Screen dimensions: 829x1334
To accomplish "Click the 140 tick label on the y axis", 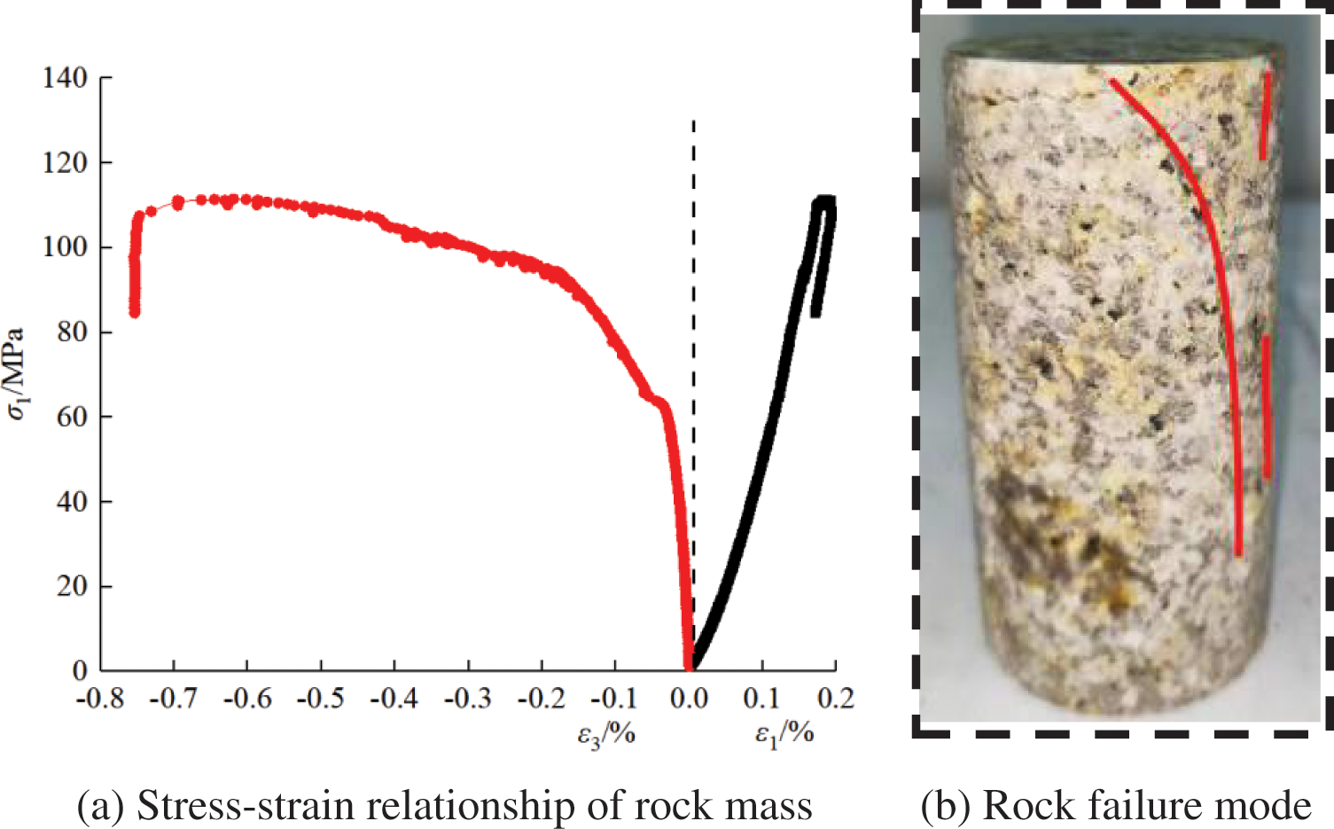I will pyautogui.click(x=65, y=78).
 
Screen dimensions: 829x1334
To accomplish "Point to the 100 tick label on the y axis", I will pyautogui.click(x=65, y=246).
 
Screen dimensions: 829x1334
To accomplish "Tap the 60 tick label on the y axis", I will pyautogui.click(x=72, y=417).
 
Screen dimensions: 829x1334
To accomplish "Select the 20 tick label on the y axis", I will pyautogui.click(x=72, y=586).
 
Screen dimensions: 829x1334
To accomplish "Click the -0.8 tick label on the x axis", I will pyautogui.click(x=100, y=700).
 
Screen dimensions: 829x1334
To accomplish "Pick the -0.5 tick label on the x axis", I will pyautogui.click(x=320, y=700).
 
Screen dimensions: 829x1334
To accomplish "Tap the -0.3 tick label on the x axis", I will pyautogui.click(x=467, y=700).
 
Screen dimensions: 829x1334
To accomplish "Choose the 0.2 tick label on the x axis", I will pyautogui.click(x=836, y=700).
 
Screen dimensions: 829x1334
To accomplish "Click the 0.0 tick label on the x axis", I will pyautogui.click(x=689, y=700).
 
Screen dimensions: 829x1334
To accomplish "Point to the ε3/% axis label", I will pyautogui.click(x=606, y=735).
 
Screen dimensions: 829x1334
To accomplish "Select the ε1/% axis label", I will pyautogui.click(x=784, y=735).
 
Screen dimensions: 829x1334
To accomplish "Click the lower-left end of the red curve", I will pyautogui.click(x=135, y=310).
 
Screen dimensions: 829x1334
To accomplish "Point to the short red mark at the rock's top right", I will pyautogui.click(x=1266, y=115).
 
